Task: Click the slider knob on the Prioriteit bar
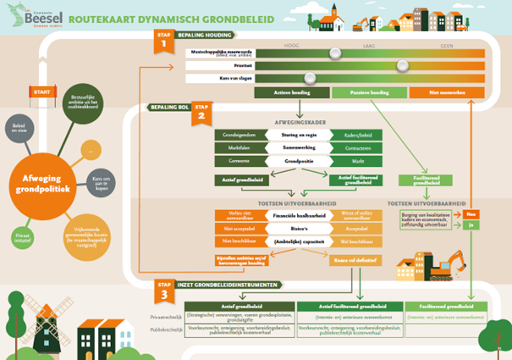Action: pos(402,65)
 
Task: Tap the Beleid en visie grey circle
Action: pos(19,127)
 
